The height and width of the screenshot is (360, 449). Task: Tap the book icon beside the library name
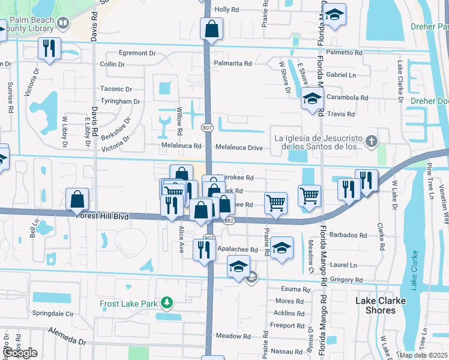(64, 23)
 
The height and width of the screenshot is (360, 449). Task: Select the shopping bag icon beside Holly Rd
(212, 28)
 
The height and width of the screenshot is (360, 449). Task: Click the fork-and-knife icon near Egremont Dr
(49, 48)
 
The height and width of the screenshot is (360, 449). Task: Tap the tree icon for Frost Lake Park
(166, 304)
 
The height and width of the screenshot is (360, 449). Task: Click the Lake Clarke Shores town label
(381, 305)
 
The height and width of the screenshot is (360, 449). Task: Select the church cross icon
(372, 142)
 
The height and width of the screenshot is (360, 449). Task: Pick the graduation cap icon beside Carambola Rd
(312, 99)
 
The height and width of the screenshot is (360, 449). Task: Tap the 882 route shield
(228, 221)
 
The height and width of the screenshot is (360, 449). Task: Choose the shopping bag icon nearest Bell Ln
(77, 199)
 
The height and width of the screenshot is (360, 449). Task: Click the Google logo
(20, 353)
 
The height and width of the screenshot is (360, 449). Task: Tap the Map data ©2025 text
(423, 355)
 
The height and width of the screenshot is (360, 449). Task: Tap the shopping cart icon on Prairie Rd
(276, 202)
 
